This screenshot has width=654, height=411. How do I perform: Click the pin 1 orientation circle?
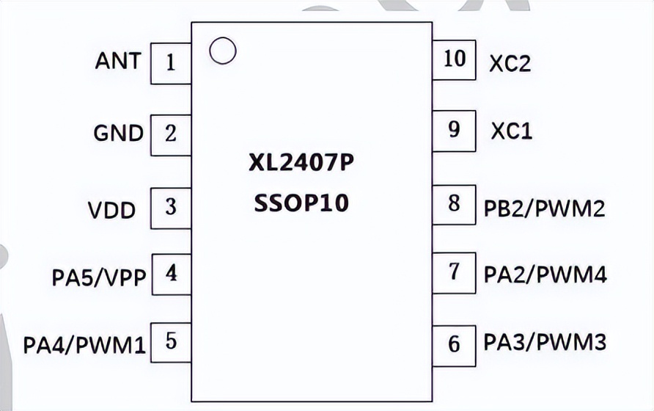pyautogui.click(x=222, y=50)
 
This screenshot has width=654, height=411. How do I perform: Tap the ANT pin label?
pyautogui.click(x=117, y=61)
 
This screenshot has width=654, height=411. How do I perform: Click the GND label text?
pyautogui.click(x=118, y=133)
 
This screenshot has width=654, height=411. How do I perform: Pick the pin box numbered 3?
pyautogui.click(x=171, y=208)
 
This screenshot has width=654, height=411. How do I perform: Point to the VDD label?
pyautogui.click(x=112, y=211)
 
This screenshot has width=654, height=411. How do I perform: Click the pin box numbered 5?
pyautogui.click(x=171, y=342)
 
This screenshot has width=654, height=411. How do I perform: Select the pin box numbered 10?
pyautogui.click(x=455, y=59)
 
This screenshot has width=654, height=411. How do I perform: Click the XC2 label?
pyautogui.click(x=510, y=64)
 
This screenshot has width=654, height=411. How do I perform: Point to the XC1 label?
pyautogui.click(x=511, y=131)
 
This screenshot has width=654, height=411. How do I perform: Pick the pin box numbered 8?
pyautogui.click(x=454, y=203)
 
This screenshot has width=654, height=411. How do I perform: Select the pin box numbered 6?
pyautogui.click(x=454, y=343)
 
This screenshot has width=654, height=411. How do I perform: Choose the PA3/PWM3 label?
pyautogui.click(x=545, y=342)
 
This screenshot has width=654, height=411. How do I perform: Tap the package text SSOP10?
pyautogui.click(x=301, y=203)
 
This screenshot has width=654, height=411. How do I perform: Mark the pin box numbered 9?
pyautogui.click(x=454, y=130)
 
